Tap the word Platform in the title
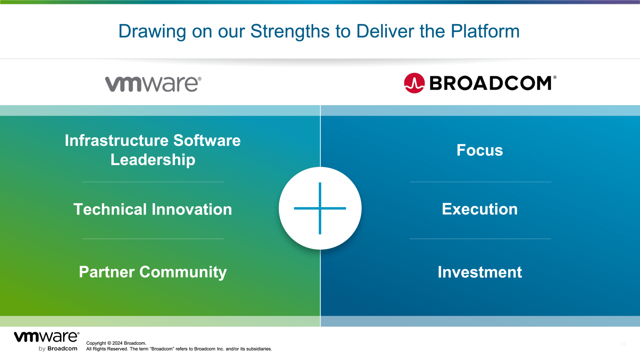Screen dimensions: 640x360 [485, 31]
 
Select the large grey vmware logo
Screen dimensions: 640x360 [153, 84]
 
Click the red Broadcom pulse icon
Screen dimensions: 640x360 [414, 83]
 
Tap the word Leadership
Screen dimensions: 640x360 [153, 160]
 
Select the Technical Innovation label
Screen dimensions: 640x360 [153, 209]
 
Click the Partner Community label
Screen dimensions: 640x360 [153, 272]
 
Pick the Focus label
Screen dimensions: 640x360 [480, 150]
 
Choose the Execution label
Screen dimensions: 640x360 [480, 209]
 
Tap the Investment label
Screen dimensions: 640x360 [480, 272]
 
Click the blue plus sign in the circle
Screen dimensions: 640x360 [320, 208]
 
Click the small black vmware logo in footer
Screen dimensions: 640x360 [47, 337]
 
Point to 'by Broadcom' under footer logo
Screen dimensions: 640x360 [58, 349]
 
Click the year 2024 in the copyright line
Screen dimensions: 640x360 [117, 343]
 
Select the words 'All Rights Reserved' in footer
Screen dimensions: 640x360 [107, 349]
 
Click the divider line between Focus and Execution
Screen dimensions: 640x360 [480, 182]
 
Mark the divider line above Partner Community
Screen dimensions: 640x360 [153, 239]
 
